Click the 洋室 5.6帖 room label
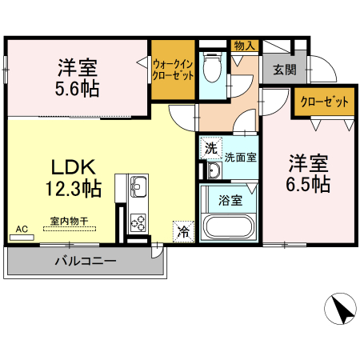click(78, 78)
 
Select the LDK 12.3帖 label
click(74, 178)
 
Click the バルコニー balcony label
click(86, 262)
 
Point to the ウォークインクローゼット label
click(173, 69)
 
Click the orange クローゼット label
click(325, 102)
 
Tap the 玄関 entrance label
click(284, 70)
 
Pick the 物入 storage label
click(244, 46)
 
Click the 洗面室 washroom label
click(240, 156)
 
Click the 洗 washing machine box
click(210, 148)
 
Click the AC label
click(22, 230)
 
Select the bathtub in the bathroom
click(229, 226)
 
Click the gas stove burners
click(136, 219)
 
